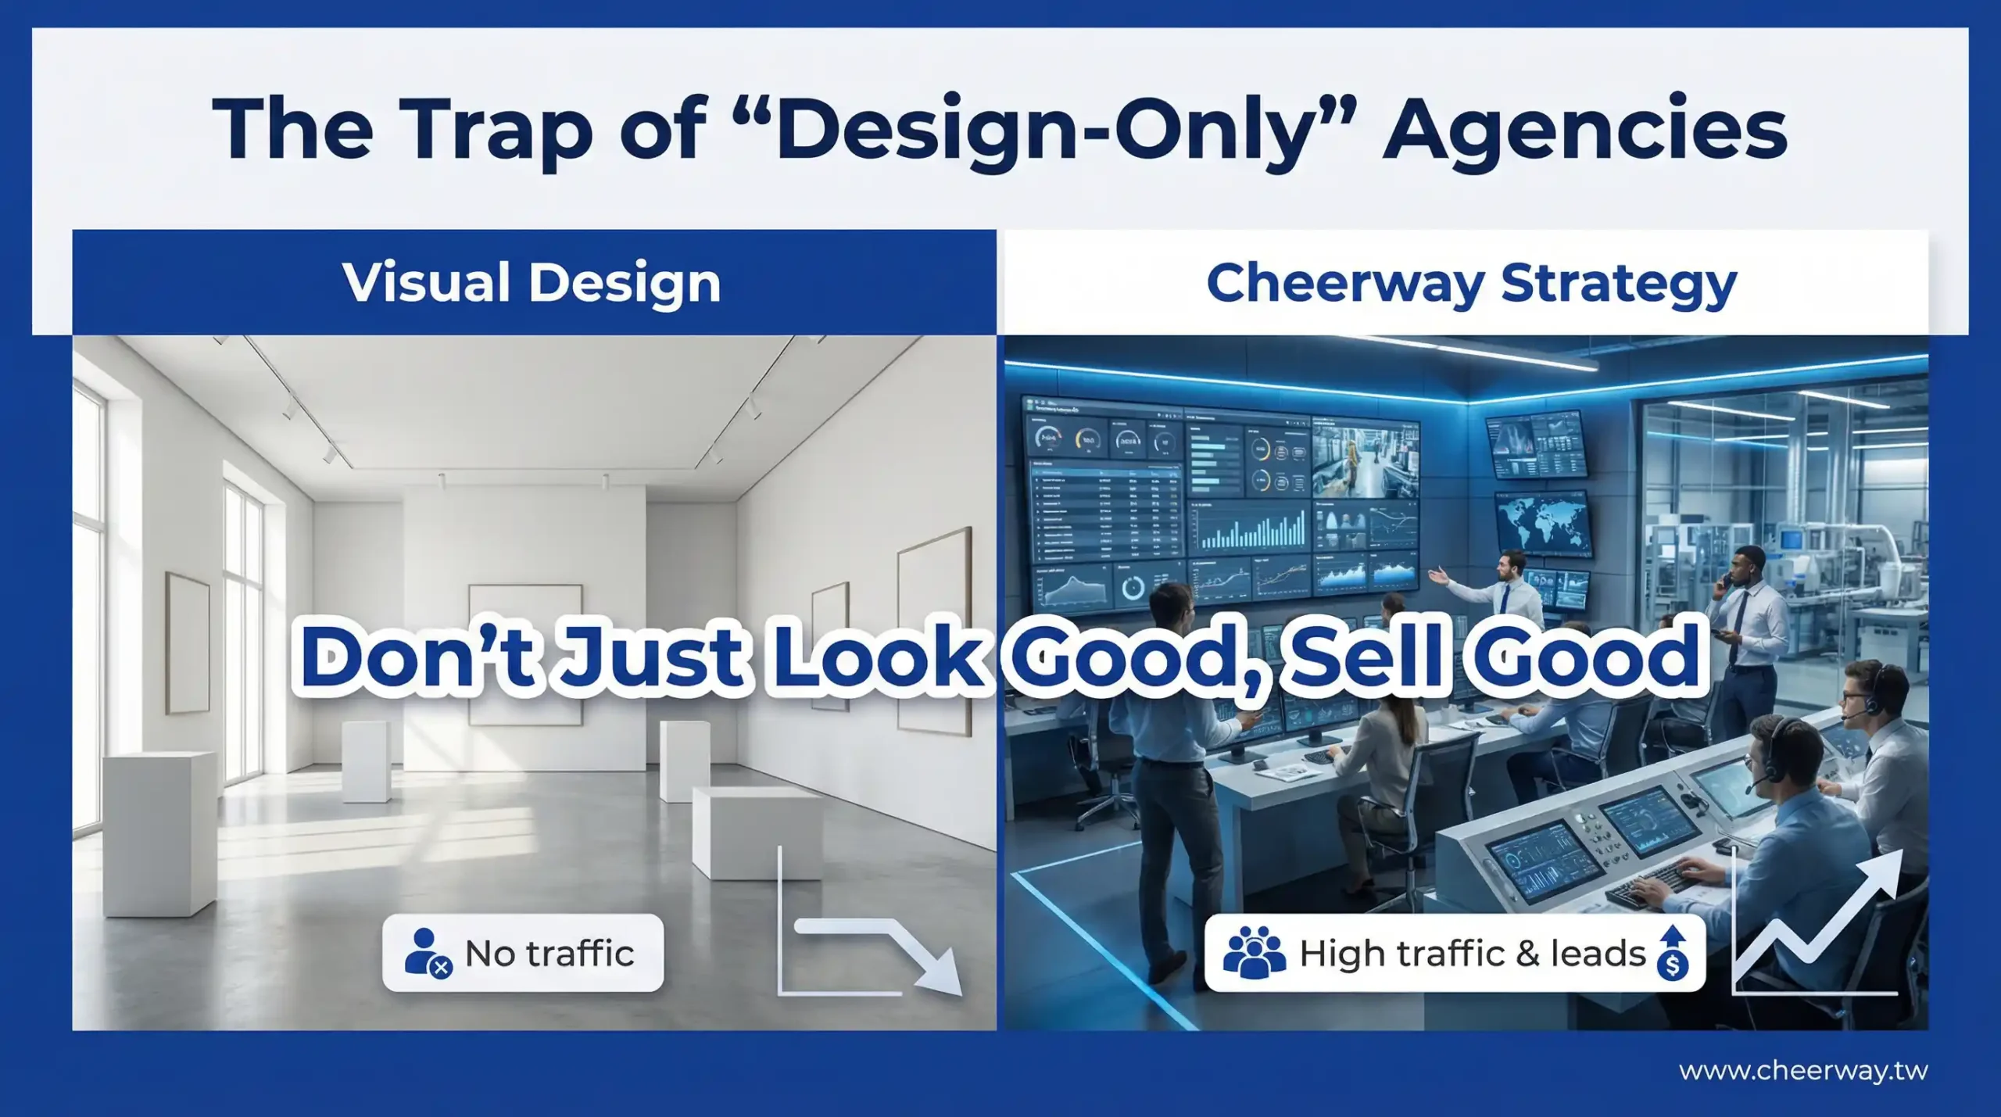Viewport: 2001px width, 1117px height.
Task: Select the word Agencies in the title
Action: coord(1584,131)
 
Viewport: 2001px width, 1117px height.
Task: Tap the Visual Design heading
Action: coord(532,283)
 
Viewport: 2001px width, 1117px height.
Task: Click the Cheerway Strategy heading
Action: coord(1471,283)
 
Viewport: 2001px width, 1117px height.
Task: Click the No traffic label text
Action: coord(549,954)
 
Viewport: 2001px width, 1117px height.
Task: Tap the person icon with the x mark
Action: coord(428,953)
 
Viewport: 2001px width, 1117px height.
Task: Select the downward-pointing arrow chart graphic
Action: coord(870,922)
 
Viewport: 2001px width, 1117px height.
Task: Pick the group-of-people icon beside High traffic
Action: coord(1254,953)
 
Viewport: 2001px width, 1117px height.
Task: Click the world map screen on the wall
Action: coord(1542,521)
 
